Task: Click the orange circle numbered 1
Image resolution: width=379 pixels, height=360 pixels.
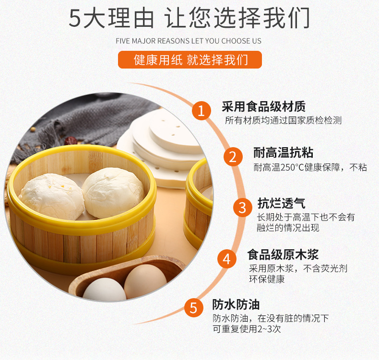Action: click(201, 111)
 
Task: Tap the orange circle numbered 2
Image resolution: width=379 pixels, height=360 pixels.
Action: click(233, 157)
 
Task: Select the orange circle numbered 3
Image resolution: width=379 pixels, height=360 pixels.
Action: click(242, 208)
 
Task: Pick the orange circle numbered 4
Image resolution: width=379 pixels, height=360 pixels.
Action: click(227, 259)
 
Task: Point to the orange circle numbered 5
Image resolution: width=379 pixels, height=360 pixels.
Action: click(193, 308)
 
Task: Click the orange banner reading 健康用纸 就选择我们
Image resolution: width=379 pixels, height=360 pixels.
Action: click(190, 59)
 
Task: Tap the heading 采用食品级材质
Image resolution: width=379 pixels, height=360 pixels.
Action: click(264, 106)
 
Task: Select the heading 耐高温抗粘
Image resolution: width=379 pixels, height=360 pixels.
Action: click(283, 152)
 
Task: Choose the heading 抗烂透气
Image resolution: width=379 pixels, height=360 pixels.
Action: click(281, 203)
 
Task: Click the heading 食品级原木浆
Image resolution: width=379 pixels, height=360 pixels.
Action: click(283, 255)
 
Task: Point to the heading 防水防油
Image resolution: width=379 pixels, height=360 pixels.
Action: click(236, 304)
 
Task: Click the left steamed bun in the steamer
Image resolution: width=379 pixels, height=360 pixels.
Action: click(52, 196)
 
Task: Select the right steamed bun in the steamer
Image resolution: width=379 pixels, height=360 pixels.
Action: click(113, 192)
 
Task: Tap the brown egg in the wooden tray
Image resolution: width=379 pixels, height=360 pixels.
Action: click(145, 281)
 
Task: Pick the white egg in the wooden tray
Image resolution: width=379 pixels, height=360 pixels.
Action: click(105, 289)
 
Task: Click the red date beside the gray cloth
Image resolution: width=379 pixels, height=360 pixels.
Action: click(71, 141)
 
